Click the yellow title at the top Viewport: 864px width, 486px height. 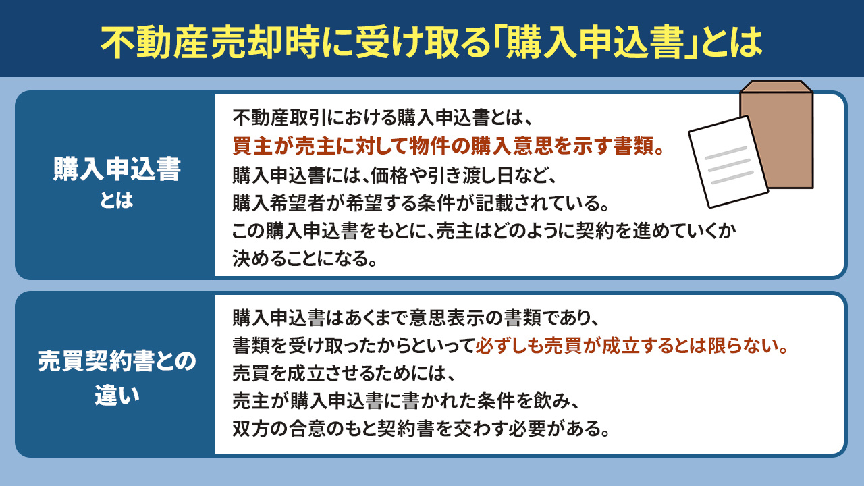click(432, 42)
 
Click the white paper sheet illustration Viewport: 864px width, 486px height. click(728, 163)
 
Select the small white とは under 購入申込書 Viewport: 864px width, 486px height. click(115, 201)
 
